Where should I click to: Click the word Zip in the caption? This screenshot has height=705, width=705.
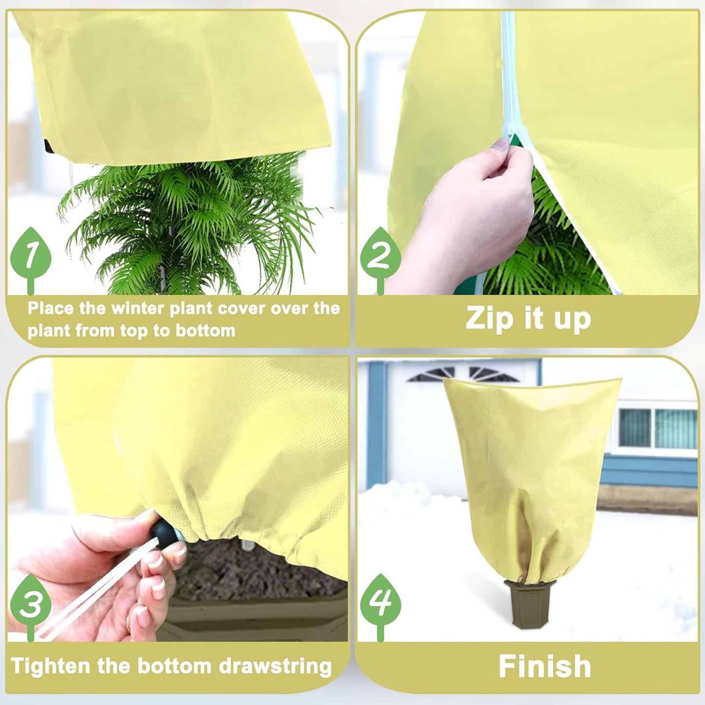(489, 318)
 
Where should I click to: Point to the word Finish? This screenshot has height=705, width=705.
(544, 666)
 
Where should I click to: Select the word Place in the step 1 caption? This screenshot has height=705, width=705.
(50, 308)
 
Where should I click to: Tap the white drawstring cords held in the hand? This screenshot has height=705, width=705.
(88, 595)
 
